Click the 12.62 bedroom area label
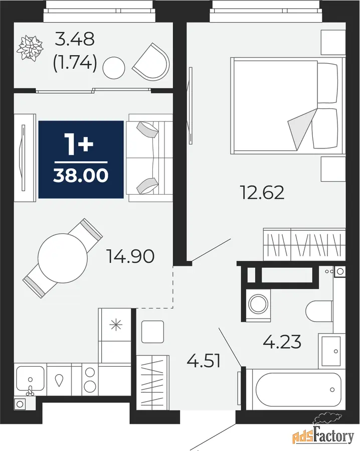262,193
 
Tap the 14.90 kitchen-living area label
130,256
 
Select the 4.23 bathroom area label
282,342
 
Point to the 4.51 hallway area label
204,361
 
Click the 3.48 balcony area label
75,39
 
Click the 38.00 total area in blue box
81,176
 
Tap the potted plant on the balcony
30,48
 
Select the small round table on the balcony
114,68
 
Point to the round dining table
63,258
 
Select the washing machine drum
259,304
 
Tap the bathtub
299,390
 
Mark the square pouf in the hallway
153,332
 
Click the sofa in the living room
150,158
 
